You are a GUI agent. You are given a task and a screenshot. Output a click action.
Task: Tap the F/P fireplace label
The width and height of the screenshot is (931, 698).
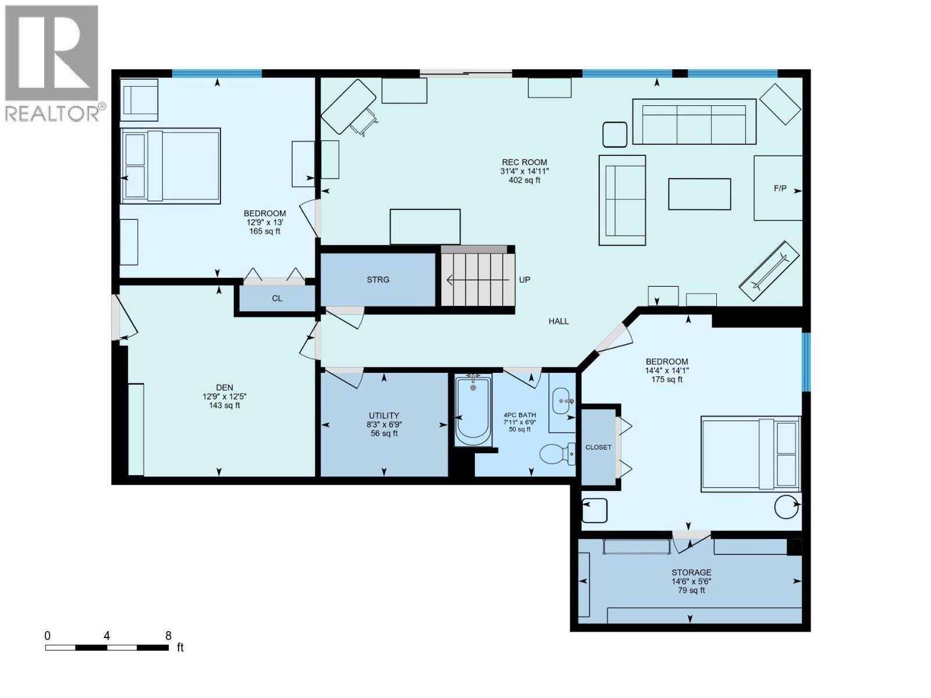(x=780, y=188)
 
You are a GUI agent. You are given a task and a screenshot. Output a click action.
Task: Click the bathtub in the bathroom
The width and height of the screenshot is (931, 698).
(x=472, y=411)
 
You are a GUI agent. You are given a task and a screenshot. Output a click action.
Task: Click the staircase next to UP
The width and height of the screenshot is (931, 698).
(x=478, y=280)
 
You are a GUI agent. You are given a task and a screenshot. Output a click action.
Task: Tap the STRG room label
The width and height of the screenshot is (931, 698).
(x=378, y=280)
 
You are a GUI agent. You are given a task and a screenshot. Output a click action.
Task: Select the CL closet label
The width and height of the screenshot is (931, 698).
(x=277, y=298)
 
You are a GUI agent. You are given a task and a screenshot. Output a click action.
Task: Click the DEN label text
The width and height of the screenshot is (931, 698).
(x=225, y=387)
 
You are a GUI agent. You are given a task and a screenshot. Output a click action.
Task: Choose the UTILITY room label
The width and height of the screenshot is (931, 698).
(x=383, y=415)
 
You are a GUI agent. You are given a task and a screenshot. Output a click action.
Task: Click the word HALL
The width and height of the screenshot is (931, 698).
(x=558, y=321)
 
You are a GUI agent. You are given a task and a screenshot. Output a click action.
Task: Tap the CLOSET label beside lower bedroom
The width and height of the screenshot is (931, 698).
(x=598, y=447)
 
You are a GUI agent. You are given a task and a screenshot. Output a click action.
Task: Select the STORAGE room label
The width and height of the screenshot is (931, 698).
(x=691, y=572)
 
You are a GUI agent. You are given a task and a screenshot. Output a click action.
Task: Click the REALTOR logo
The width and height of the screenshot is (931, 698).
(x=52, y=64)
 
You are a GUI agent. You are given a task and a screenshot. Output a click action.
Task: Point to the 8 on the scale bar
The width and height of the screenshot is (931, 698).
(x=168, y=636)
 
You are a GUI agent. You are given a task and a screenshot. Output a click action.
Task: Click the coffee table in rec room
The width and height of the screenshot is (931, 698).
(x=699, y=194)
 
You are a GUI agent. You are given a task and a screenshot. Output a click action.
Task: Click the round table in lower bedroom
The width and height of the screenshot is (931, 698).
(x=786, y=506)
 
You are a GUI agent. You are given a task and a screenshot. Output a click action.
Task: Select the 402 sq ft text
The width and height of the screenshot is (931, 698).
(x=524, y=180)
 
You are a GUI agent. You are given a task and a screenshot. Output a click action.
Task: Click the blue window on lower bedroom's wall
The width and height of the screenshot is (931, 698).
(x=806, y=361)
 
